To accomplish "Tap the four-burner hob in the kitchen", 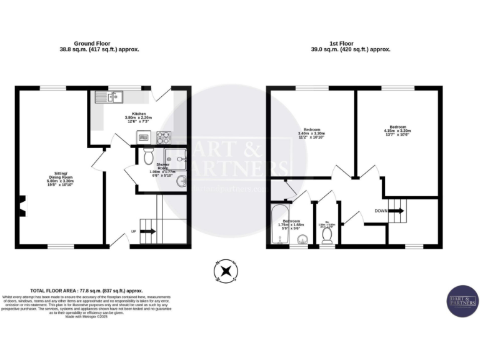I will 164,136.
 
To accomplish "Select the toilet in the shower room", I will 147,154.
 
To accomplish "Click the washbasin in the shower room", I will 182,182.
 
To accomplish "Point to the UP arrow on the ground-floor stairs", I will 147,232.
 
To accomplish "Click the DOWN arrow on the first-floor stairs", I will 396,211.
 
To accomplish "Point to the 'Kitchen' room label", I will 139,114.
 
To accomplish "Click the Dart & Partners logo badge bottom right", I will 462,302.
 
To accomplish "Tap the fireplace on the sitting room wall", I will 21,206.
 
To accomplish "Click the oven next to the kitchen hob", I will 144,136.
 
